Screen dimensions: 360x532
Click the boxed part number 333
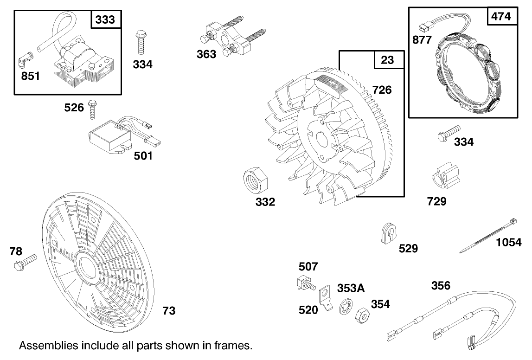105,20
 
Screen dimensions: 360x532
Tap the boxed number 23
387,60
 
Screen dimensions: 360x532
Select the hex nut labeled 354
361,318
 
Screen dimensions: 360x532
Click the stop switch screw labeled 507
304,283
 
